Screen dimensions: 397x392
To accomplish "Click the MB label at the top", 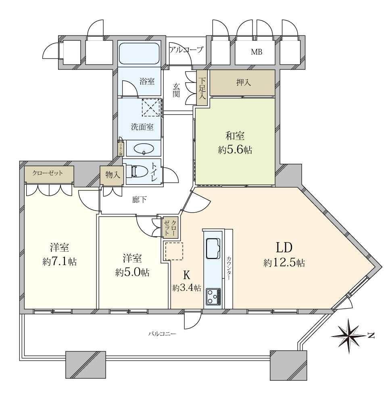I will click(256, 52).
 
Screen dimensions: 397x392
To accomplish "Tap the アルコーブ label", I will click(186, 50).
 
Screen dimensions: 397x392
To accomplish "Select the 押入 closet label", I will click(244, 83).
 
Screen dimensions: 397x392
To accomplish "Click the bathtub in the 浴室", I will click(139, 54).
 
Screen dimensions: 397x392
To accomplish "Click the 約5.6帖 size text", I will click(235, 150).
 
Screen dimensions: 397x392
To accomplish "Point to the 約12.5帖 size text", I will click(284, 263).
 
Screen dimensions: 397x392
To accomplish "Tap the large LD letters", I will click(284, 247).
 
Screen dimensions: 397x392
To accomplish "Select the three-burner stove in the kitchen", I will click(213, 297).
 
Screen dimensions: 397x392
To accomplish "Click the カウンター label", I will click(229, 269).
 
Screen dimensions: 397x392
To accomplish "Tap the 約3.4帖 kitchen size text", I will click(187, 288).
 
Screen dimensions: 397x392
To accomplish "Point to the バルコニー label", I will click(162, 334).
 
